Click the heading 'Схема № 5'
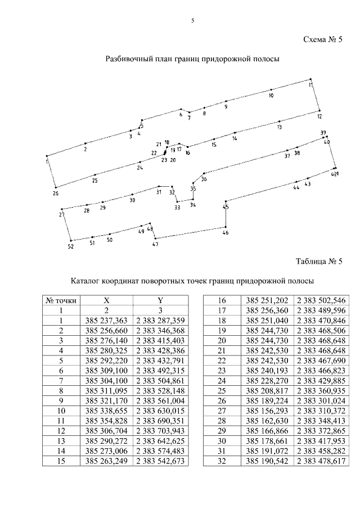(322, 39)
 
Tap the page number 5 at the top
(192, 21)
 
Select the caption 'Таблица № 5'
(319, 262)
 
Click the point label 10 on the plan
(271, 96)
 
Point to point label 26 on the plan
(55, 193)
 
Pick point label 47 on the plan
(155, 244)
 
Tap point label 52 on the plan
(70, 246)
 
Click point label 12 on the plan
(319, 116)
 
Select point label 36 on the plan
(204, 179)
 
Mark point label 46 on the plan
(226, 232)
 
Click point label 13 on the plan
(279, 128)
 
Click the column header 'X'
(106, 300)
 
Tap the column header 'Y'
(160, 300)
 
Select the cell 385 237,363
(106, 321)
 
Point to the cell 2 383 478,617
(321, 462)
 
